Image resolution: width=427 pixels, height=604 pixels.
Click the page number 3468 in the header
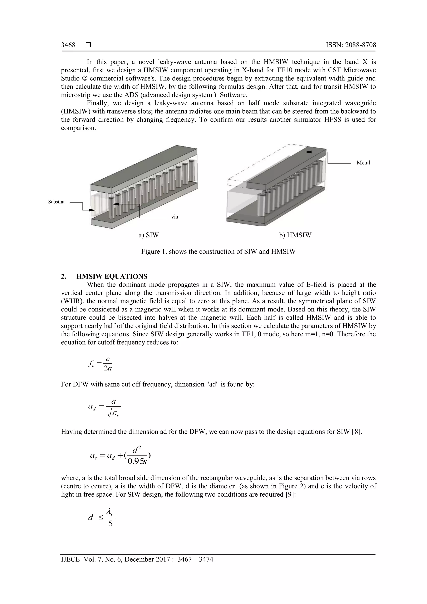coord(68,45)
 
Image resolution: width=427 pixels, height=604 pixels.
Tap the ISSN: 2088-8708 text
coord(351,45)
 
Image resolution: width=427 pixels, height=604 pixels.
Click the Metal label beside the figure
coord(363,163)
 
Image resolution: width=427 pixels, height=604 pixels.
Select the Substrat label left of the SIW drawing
coord(56,202)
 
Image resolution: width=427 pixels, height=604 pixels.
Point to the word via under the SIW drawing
coord(175,217)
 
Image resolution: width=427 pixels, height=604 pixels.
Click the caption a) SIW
coord(149,235)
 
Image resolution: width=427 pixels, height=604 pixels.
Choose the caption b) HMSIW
coord(295,235)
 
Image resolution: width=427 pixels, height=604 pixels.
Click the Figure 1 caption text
coord(218,251)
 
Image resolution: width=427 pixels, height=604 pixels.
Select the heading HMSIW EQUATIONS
coord(112,276)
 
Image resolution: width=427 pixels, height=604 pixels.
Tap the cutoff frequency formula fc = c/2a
coord(100,364)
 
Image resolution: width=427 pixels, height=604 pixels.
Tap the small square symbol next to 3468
coord(88,45)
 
